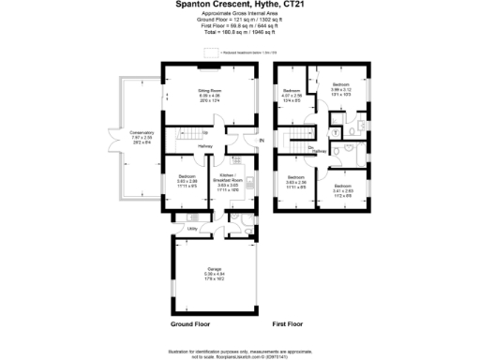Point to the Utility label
[191, 227]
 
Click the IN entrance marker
[262, 141]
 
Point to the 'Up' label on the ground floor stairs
[205, 132]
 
